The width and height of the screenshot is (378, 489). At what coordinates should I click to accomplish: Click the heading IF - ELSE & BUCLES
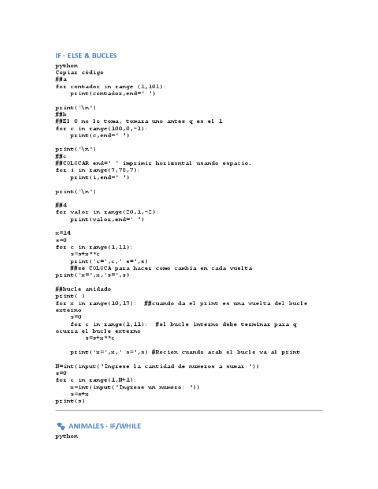tap(86, 56)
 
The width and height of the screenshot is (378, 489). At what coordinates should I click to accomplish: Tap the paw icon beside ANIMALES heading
tap(61, 426)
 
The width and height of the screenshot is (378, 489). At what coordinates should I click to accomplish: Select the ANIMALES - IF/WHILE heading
tap(104, 426)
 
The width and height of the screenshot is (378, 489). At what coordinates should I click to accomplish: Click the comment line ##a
tap(61, 80)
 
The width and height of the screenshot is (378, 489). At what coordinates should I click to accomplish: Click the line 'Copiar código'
tap(79, 73)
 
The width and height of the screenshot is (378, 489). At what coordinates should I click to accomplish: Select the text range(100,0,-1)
tap(116, 129)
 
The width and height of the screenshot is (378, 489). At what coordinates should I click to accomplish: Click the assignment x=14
tap(63, 232)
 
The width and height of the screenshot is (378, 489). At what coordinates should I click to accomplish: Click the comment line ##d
tap(61, 205)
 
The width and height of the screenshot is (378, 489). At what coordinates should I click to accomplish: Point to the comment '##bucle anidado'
tap(83, 289)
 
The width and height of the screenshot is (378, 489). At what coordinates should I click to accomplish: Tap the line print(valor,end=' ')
tap(107, 219)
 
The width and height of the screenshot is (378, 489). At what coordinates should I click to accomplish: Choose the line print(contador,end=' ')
tap(113, 93)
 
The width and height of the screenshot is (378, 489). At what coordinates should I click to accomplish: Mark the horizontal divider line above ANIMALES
tap(189, 411)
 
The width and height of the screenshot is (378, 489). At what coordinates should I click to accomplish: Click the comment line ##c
tap(61, 156)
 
